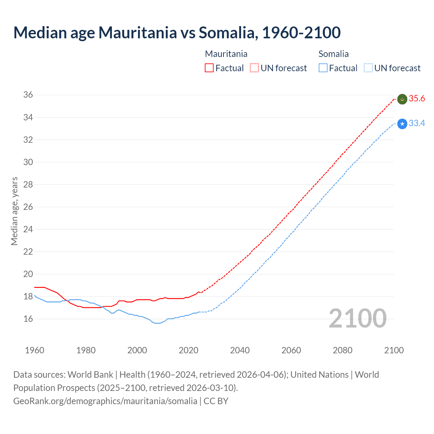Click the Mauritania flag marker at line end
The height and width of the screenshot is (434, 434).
pos(402,99)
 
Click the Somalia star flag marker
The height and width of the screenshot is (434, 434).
pos(402,124)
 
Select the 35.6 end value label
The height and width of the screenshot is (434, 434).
pos(417,99)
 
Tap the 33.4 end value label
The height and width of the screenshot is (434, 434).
pos(417,123)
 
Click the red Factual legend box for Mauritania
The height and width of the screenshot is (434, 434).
pos(209,68)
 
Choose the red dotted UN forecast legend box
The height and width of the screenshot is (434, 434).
pos(254,68)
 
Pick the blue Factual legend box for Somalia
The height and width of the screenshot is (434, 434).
pos(323,68)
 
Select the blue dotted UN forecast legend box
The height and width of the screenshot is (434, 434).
pos(368,68)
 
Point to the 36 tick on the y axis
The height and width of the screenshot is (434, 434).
pos(28,95)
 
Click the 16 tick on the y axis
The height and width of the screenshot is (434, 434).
pos(28,319)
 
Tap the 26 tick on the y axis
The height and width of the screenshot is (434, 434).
pos(28,207)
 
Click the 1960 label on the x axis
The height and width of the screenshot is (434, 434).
pos(35,350)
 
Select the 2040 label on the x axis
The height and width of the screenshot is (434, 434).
pos(240,350)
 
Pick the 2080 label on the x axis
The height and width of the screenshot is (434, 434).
pos(342,350)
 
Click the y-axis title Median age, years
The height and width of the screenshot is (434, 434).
pos(14,211)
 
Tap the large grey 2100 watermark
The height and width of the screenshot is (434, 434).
pos(358,318)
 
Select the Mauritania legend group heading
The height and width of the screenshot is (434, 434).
pos(226,54)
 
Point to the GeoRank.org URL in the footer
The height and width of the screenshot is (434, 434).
pos(105,401)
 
